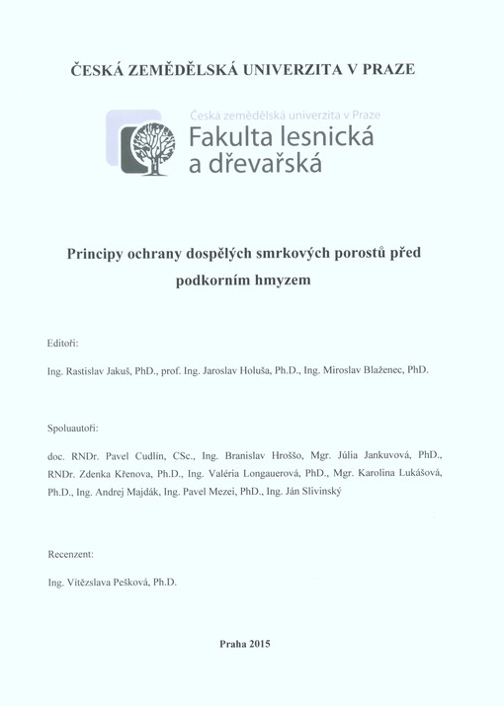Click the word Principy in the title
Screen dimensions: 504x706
pyautogui.click(x=96, y=253)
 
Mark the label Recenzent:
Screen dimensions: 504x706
pyautogui.click(x=70, y=556)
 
